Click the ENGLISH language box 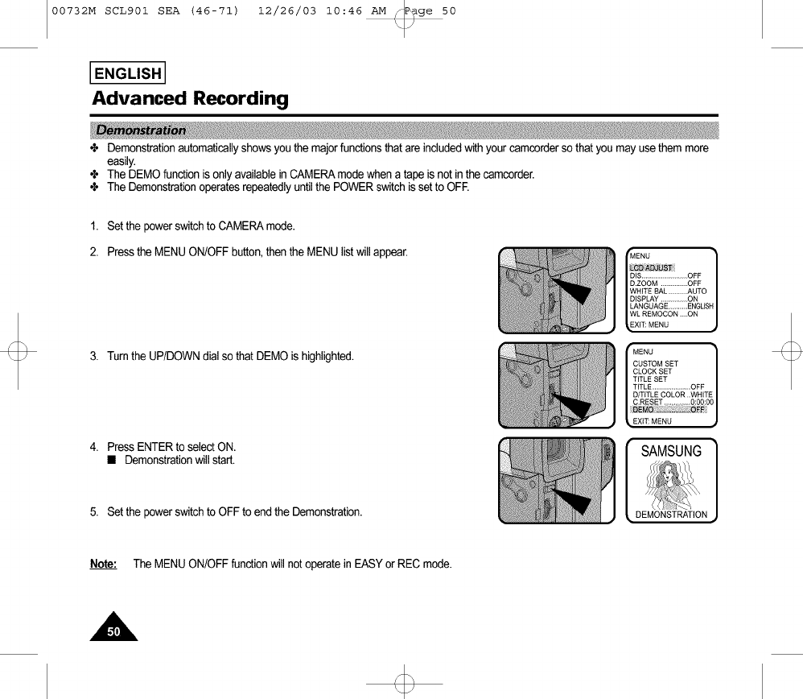(128, 73)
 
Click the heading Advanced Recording (190, 99)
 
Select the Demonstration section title (141, 130)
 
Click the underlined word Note (103, 564)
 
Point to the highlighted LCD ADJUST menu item (652, 268)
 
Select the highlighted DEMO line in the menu (669, 409)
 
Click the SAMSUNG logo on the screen (671, 452)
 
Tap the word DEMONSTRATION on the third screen (671, 515)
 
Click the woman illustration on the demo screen (670, 483)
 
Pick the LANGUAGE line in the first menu (671, 306)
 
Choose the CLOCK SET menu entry (653, 371)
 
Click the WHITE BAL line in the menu (668, 291)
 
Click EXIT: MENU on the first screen (649, 325)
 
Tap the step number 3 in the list (94, 357)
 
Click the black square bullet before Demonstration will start (113, 461)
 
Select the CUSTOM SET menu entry (655, 364)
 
